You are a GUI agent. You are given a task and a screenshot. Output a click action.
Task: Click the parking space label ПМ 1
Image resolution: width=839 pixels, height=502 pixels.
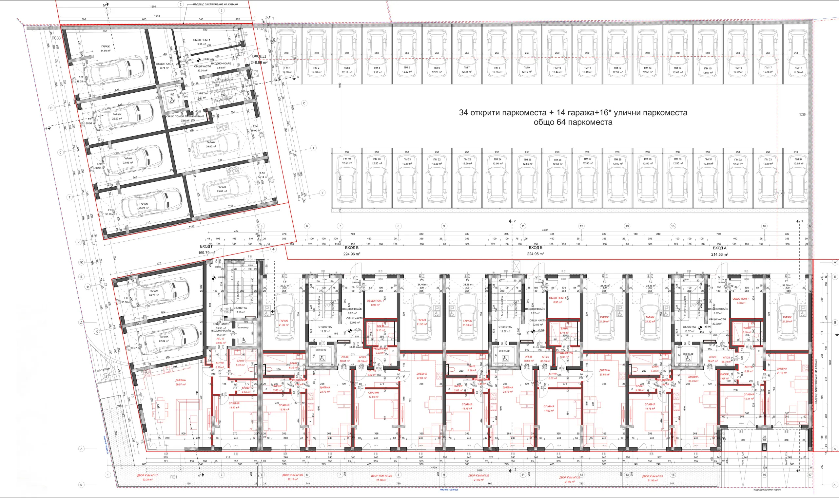point(287,68)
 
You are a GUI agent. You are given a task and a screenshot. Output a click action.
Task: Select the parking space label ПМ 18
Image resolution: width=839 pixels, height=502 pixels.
point(798,68)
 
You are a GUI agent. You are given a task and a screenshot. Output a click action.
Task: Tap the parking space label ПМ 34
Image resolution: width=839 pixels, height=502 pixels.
point(798,159)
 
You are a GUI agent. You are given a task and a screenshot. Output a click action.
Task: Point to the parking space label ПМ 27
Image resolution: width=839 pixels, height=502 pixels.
point(588,159)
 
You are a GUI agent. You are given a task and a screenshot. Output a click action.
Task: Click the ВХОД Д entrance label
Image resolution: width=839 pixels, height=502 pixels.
point(259,56)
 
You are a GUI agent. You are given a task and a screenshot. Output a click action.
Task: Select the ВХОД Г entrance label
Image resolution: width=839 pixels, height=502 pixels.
point(206,246)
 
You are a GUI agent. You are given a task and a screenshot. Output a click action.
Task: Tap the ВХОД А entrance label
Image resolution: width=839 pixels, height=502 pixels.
point(719,248)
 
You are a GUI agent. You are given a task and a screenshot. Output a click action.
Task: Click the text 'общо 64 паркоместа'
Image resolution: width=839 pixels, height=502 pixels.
point(573,122)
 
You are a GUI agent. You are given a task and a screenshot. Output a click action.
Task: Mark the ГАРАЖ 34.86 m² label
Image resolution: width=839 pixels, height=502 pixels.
point(105,47)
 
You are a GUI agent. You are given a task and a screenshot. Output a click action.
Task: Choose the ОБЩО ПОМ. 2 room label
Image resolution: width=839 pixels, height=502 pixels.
point(164,64)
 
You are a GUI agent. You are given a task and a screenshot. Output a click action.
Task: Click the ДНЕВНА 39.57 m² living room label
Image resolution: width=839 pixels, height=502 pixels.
point(180,380)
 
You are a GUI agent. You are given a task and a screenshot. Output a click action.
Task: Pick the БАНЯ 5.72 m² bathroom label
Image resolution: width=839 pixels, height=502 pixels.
point(240,361)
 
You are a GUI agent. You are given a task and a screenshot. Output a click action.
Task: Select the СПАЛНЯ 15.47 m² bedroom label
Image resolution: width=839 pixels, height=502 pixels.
point(234,403)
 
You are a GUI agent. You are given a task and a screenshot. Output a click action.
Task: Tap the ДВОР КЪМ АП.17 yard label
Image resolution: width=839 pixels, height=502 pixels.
point(147,475)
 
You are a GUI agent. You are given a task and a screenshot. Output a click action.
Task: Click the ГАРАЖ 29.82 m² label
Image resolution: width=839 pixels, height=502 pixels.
point(211,142)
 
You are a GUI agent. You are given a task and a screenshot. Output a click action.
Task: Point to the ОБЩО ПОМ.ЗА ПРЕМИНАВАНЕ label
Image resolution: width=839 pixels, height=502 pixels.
point(185,116)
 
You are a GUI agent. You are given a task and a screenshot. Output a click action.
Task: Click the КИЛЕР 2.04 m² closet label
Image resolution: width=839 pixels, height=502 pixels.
point(246,388)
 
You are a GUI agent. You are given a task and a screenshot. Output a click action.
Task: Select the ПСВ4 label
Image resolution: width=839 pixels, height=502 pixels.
point(802,115)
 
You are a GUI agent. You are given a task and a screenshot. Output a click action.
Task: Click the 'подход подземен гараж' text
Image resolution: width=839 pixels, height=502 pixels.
point(767,490)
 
